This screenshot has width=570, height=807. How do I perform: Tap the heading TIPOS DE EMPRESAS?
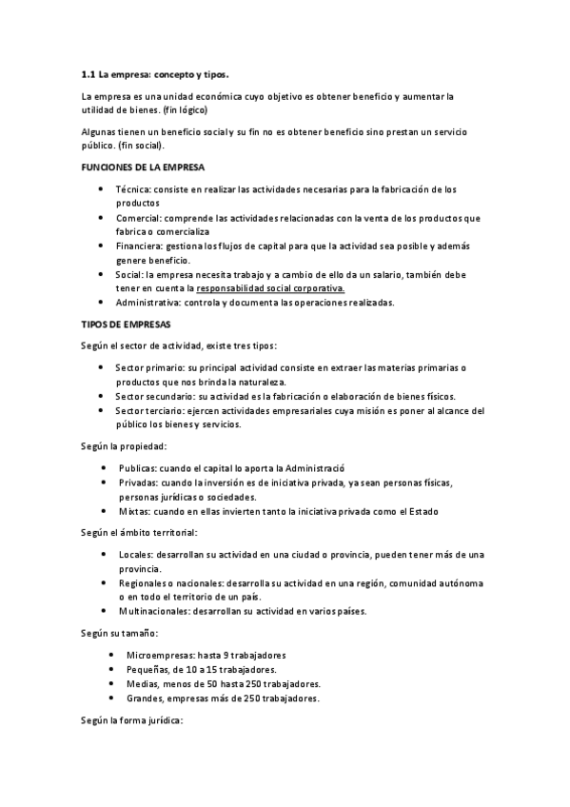point(120,324)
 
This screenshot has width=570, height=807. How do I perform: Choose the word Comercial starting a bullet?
point(139,218)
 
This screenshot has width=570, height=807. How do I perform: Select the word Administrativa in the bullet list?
point(149,303)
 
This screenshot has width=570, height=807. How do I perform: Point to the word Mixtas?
point(134,511)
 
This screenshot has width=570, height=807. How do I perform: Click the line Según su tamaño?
point(120,633)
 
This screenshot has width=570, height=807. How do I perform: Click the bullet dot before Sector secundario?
point(101,396)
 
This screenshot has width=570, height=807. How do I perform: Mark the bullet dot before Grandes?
point(113,699)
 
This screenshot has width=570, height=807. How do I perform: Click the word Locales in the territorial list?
point(137,554)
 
